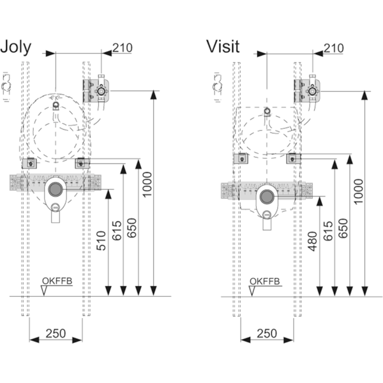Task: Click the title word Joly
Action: coord(16,47)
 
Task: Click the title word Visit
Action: coord(223,46)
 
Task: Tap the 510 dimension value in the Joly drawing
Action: coord(101,241)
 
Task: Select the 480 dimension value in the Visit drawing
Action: coord(313,241)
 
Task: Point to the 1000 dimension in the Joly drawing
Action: coord(147,184)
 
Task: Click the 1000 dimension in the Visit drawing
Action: coord(359,191)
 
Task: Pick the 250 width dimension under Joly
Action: coord(56,333)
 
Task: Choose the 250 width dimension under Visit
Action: coord(267,333)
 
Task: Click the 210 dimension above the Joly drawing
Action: coord(123,48)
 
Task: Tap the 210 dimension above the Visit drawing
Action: coord(334,48)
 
